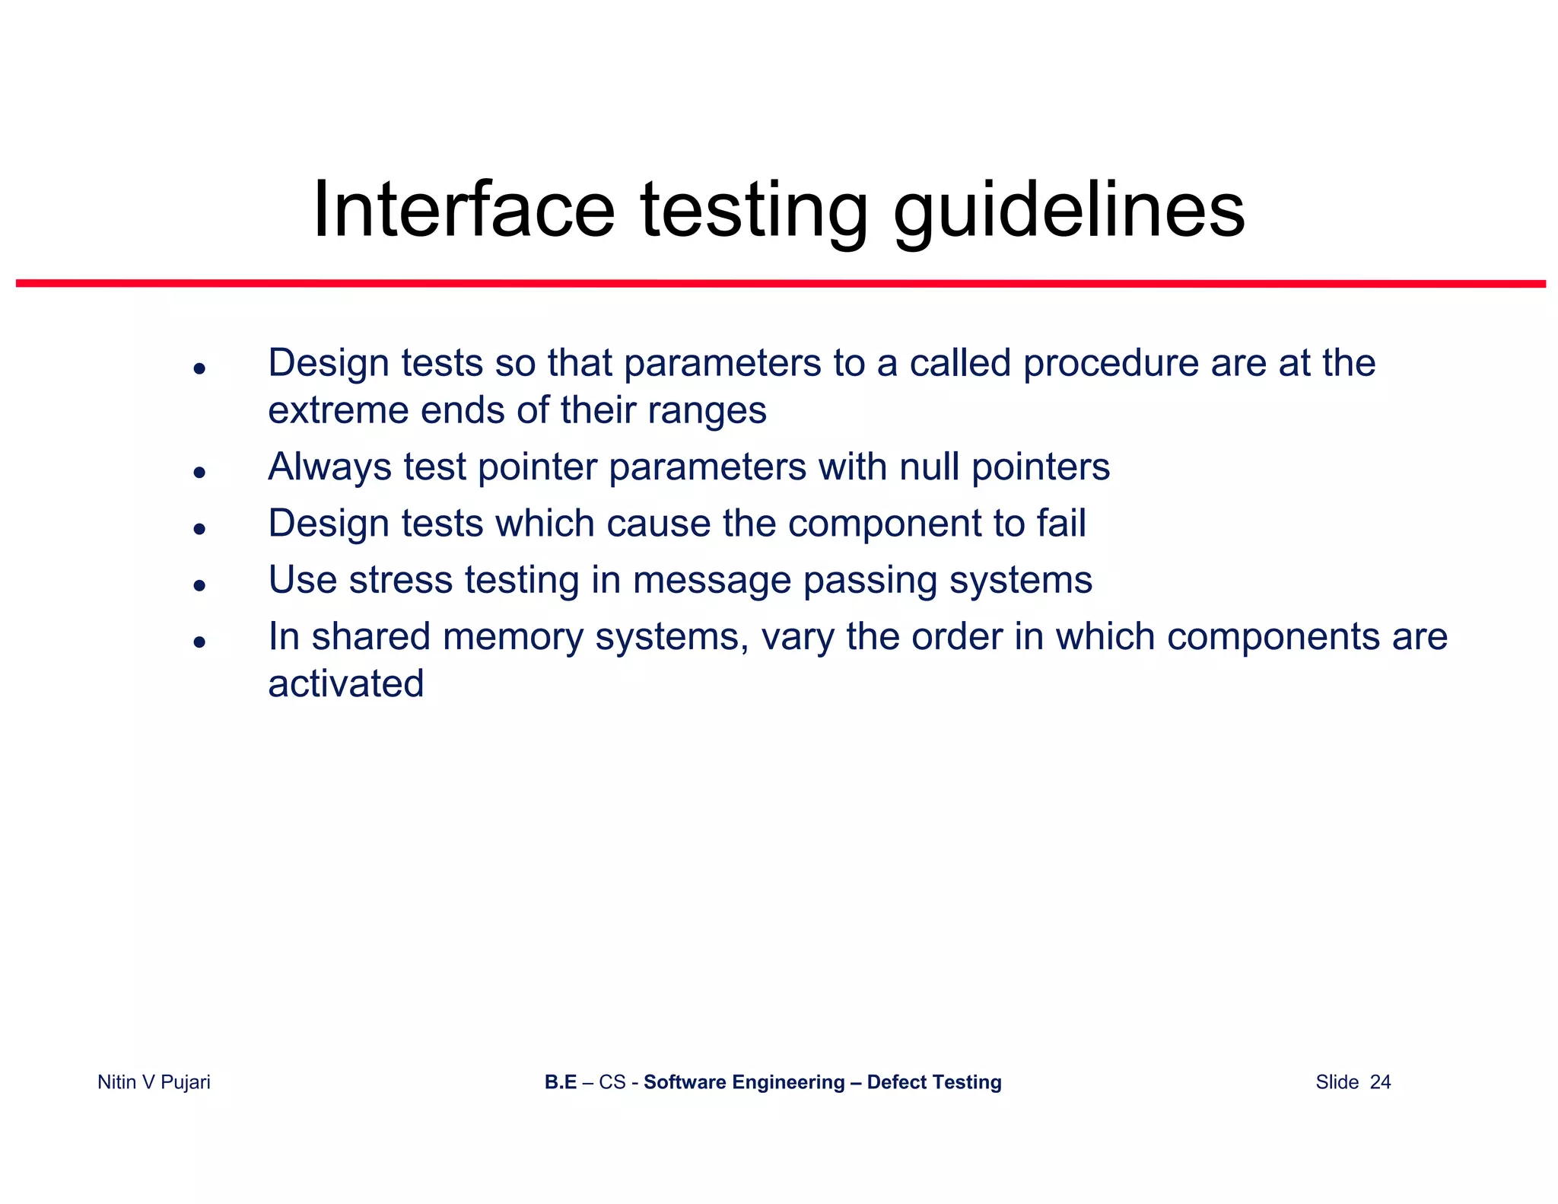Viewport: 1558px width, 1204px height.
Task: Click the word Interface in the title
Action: point(463,209)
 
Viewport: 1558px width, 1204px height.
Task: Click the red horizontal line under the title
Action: point(781,283)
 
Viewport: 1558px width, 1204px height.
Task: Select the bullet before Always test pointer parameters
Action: point(199,472)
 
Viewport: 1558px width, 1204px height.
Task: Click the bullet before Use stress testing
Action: point(199,585)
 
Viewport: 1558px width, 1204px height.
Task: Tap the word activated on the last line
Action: point(345,683)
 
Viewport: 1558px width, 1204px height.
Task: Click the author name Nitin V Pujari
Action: point(154,1081)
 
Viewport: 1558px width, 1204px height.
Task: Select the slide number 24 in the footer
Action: point(1380,1081)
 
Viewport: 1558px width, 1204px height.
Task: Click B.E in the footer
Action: point(560,1081)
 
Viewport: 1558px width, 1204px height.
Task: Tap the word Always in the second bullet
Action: point(329,468)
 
